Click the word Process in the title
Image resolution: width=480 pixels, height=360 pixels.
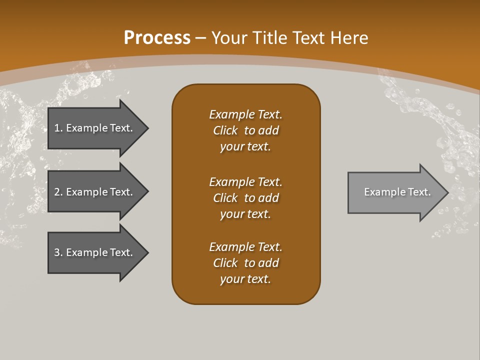pyautogui.click(x=157, y=38)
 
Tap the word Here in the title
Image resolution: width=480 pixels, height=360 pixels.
pyautogui.click(x=349, y=38)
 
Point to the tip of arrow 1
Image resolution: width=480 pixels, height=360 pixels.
pyautogui.click(x=147, y=128)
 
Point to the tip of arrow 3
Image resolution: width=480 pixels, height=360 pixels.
pyautogui.click(x=147, y=252)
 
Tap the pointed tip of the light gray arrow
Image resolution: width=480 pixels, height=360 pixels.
pyautogui.click(x=447, y=192)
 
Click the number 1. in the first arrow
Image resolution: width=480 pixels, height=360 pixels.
pyautogui.click(x=58, y=128)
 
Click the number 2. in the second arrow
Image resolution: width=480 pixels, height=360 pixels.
pyautogui.click(x=58, y=192)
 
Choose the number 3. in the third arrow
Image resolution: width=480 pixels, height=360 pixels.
pyautogui.click(x=58, y=252)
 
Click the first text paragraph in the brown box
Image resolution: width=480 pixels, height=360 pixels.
pyautogui.click(x=246, y=130)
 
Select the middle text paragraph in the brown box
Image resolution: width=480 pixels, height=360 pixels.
pyautogui.click(x=246, y=198)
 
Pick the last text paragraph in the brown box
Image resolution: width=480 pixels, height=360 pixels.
pyautogui.click(x=246, y=263)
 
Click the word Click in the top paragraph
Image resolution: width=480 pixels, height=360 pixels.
pyautogui.click(x=225, y=130)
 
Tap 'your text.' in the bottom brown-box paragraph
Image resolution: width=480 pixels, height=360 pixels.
pyautogui.click(x=245, y=279)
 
